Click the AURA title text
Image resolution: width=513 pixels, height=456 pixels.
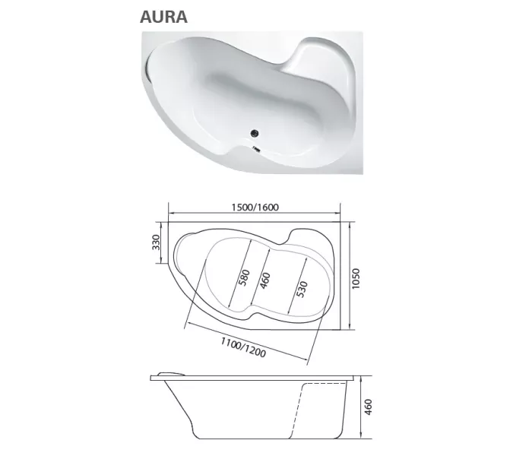(x=163, y=16)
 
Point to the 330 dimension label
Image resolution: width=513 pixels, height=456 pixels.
(x=156, y=242)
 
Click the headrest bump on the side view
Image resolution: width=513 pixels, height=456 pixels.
(x=169, y=373)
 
